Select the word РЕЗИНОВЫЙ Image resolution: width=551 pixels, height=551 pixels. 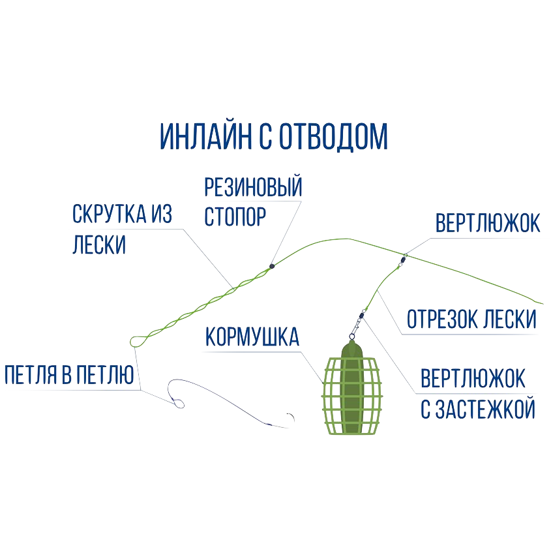[254, 189]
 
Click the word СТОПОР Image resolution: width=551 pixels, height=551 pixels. [235, 216]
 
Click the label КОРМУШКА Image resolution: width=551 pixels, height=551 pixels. [252, 338]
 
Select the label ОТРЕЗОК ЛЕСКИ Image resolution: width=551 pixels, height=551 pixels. [471, 320]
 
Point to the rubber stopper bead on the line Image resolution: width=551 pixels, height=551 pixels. [271, 266]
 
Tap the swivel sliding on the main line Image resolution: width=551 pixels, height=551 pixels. [404, 258]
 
